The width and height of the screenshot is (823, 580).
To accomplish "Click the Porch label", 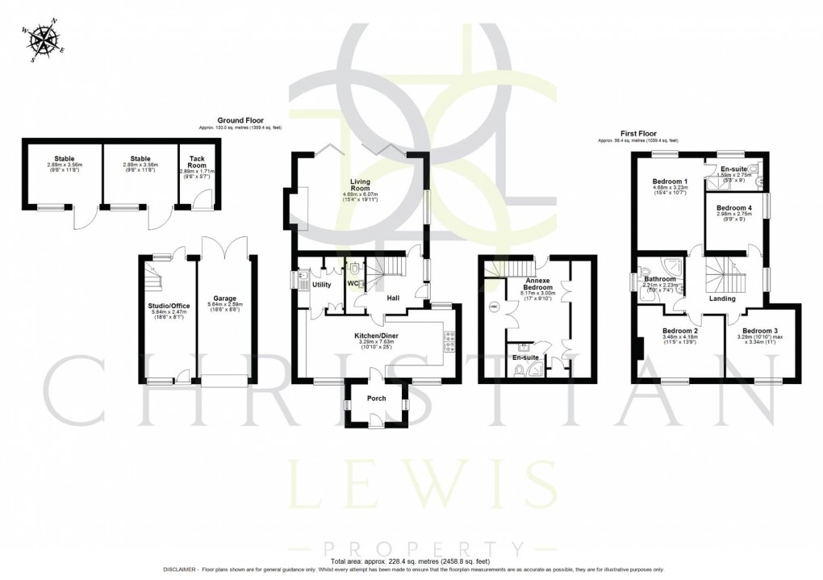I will tap(376, 398).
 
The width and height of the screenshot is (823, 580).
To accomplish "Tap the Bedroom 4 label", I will tap(734, 207).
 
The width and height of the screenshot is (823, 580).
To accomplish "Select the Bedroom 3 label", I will tap(760, 332).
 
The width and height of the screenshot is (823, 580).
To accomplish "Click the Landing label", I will tap(721, 298).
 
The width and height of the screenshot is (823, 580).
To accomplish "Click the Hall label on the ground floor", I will tap(393, 298).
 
